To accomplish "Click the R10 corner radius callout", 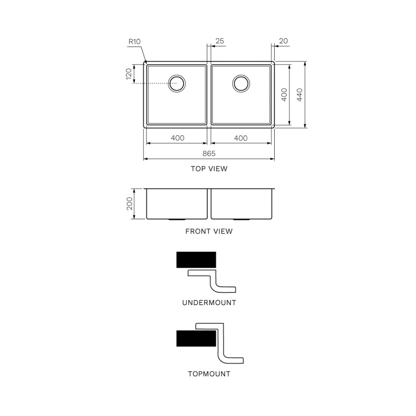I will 134,41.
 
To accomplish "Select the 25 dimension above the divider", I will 220,41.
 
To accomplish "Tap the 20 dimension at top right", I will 284,41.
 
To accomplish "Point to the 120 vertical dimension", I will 129,74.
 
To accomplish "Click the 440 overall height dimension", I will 300,95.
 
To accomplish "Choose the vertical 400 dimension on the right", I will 284,94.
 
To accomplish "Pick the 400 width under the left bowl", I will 178,138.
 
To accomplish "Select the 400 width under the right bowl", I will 241,138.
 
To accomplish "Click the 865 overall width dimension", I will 209,154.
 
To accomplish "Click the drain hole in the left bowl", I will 177,83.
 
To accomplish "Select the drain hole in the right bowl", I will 241,83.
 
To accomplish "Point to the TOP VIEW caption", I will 209,169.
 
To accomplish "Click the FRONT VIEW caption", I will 209,232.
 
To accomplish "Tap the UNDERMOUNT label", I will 209,303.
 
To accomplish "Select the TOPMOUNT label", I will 209,374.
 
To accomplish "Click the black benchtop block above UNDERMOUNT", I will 196,260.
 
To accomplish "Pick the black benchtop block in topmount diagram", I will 196,338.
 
